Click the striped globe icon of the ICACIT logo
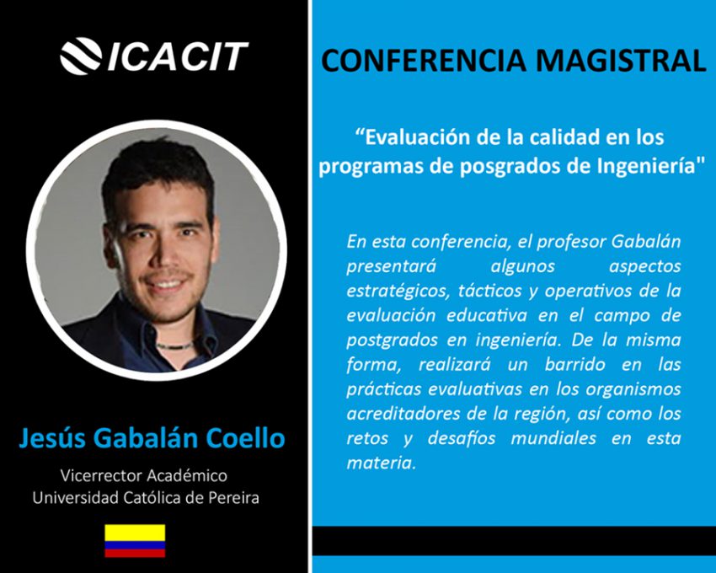pyautogui.click(x=81, y=56)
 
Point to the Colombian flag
pyautogui.click(x=135, y=541)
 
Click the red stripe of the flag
pyautogui.click(x=135, y=553)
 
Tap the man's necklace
pyautogui.click(x=174, y=345)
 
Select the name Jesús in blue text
pyautogui.click(x=52, y=437)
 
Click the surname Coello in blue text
pyautogui.click(x=246, y=437)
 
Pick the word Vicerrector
pyautogui.click(x=101, y=475)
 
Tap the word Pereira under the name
pyautogui.click(x=234, y=498)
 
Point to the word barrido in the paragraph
pyautogui.click(x=574, y=365)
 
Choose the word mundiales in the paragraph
pyautogui.click(x=553, y=439)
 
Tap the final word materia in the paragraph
pyautogui.click(x=381, y=463)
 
